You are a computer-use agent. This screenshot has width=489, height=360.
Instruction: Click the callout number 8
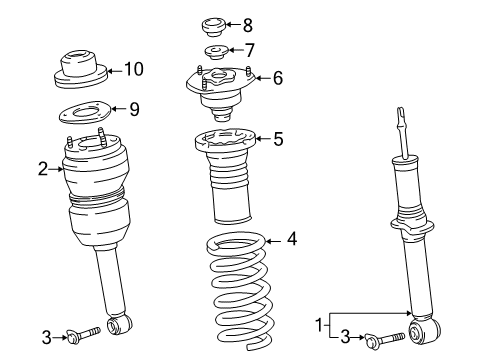click(248, 25)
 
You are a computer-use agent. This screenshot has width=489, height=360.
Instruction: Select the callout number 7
click(250, 50)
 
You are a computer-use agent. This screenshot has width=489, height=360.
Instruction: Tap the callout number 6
click(278, 78)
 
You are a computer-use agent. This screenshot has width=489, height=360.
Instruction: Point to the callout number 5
click(278, 139)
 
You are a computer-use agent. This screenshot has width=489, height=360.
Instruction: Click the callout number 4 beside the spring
click(292, 239)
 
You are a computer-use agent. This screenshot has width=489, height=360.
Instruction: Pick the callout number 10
click(134, 69)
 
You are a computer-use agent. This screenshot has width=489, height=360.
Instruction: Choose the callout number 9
click(134, 109)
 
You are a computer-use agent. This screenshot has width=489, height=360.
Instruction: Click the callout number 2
click(43, 169)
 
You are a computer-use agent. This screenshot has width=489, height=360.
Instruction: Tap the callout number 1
click(319, 325)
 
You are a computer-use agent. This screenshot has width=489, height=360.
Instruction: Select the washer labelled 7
click(216, 52)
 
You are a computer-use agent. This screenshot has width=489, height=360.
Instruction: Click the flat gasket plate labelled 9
click(85, 112)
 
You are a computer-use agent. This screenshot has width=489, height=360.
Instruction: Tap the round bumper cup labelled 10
click(81, 70)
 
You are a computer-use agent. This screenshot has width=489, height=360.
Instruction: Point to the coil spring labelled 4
click(241, 291)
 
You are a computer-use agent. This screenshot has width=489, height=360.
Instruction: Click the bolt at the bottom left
click(84, 334)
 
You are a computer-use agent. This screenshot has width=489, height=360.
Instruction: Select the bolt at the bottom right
click(385, 339)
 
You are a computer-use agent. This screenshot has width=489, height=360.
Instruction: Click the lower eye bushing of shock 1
click(424, 331)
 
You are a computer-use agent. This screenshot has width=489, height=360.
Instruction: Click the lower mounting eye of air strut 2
click(119, 324)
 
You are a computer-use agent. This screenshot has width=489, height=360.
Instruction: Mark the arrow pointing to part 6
click(263, 78)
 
